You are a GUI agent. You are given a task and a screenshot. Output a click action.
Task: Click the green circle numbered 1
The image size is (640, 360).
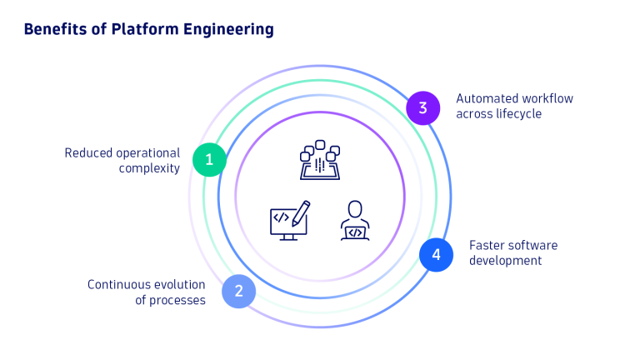(209, 159)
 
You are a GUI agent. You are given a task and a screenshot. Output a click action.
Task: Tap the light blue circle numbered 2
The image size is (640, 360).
(238, 291)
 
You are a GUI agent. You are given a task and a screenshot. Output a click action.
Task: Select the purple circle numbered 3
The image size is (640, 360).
(422, 107)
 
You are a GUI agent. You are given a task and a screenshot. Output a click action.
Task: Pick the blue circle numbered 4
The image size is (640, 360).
(435, 254)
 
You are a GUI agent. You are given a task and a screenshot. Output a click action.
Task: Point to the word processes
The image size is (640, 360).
(177, 299)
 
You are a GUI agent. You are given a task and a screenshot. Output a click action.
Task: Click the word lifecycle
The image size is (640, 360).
(516, 113)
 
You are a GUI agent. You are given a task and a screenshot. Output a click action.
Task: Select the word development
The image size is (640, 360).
(505, 260)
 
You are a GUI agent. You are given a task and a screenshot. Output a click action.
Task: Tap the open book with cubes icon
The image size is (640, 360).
(320, 162)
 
